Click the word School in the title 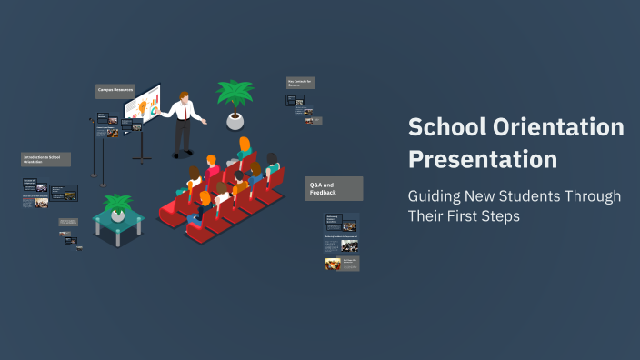pyautogui.click(x=445, y=128)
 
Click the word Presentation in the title pyautogui.click(x=482, y=159)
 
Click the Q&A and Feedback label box pyautogui.click(x=334, y=188)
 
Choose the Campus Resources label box pyautogui.click(x=115, y=90)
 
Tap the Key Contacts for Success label pyautogui.click(x=300, y=83)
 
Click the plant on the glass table pyautogui.click(x=117, y=205)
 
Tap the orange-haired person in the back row pyautogui.click(x=245, y=145)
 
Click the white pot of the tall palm pyautogui.click(x=235, y=120)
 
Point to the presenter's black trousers pyautogui.click(x=184, y=137)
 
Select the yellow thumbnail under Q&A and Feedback pyautogui.click(x=333, y=264)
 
